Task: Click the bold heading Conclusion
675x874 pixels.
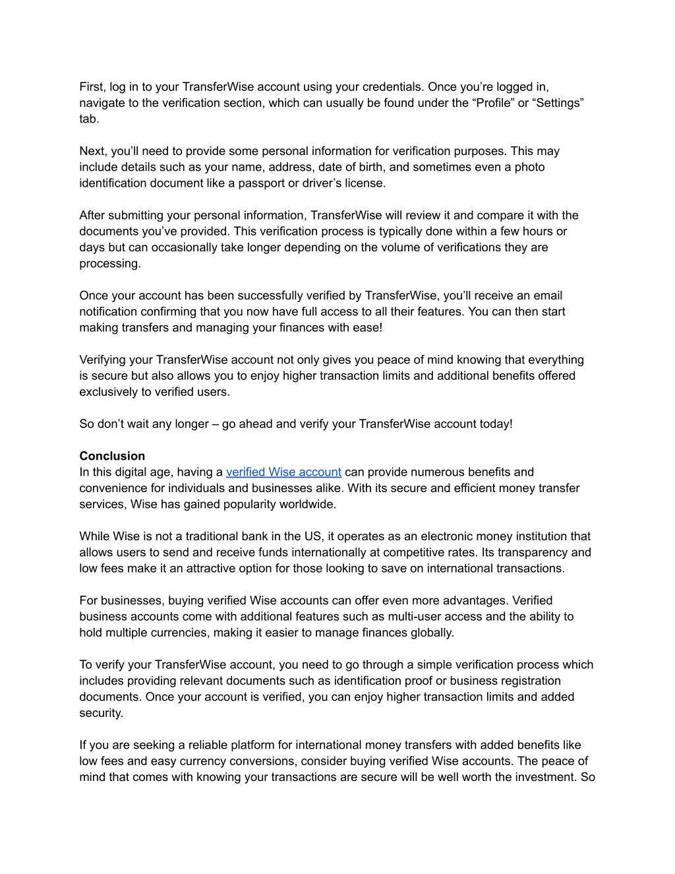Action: [x=112, y=456]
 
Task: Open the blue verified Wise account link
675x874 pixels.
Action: [x=283, y=472]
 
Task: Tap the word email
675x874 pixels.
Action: [x=548, y=296]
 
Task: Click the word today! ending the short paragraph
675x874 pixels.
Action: [x=496, y=424]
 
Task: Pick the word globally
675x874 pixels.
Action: [x=433, y=633]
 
